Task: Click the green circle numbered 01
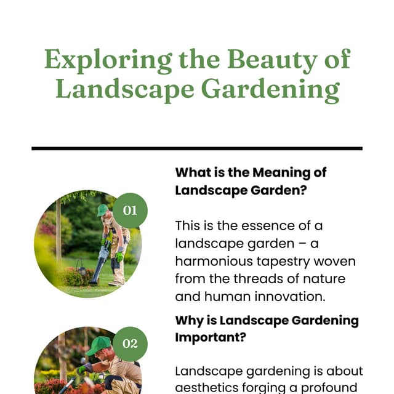coord(130,211)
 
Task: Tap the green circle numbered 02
coord(130,344)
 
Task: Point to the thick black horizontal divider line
coord(197,148)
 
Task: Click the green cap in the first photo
coord(102,210)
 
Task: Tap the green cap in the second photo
coord(98,345)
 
